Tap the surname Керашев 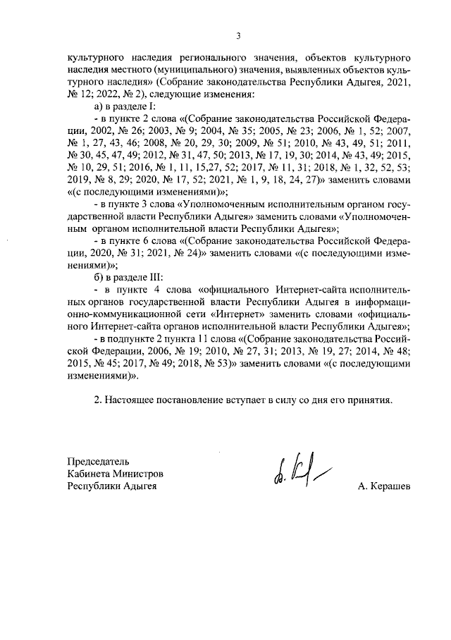click(383, 486)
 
